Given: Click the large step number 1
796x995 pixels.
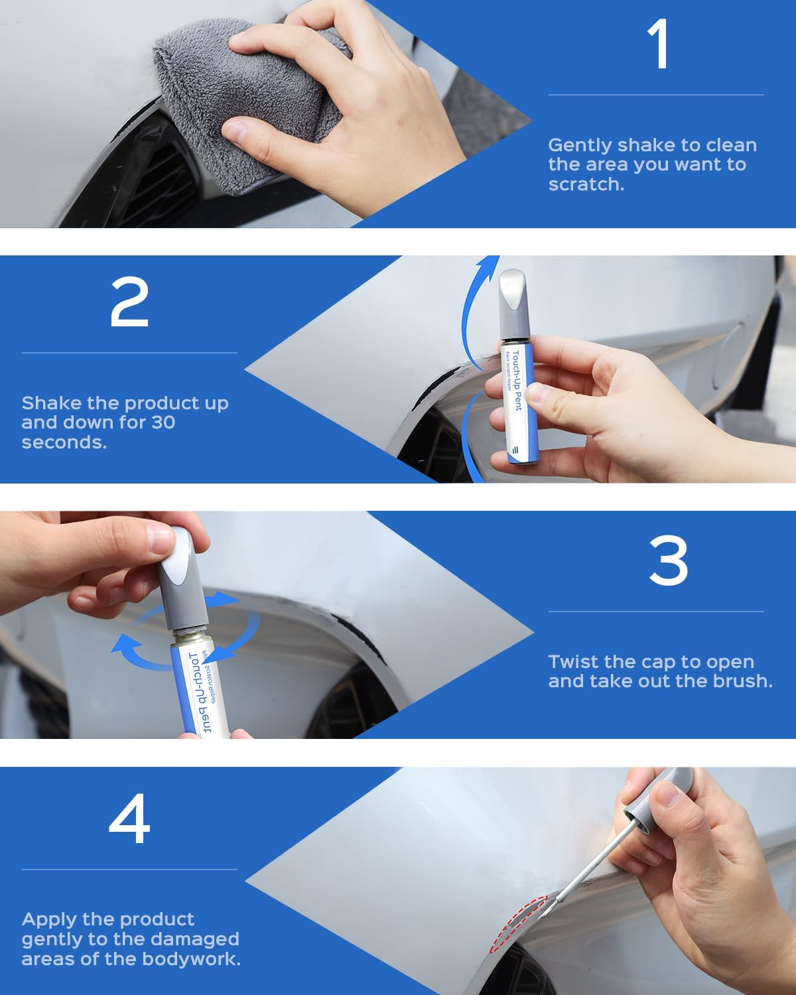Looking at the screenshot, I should [659, 45].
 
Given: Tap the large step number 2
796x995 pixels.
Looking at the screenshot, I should [129, 302].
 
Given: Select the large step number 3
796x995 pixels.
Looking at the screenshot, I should [668, 561].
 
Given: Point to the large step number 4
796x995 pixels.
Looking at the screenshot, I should [129, 820].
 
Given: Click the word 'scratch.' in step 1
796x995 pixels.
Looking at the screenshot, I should [586, 184].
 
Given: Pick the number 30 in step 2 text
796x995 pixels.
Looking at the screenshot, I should [163, 423].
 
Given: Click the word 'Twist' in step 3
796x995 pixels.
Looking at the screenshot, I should [572, 662].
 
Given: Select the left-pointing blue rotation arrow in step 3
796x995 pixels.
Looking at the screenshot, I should [133, 647].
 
